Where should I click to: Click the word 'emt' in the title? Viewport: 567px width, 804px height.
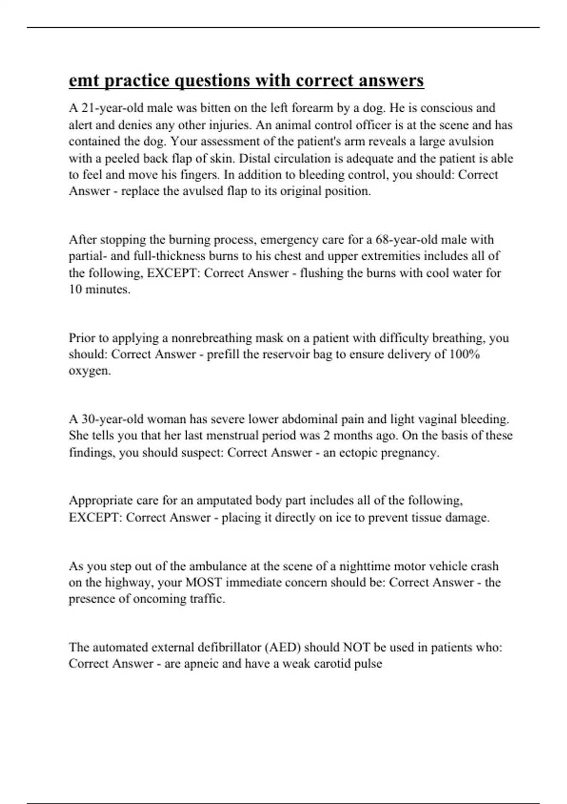[84, 81]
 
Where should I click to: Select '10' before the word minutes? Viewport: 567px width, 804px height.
[75, 289]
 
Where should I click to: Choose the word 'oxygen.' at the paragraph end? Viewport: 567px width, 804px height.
[90, 371]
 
